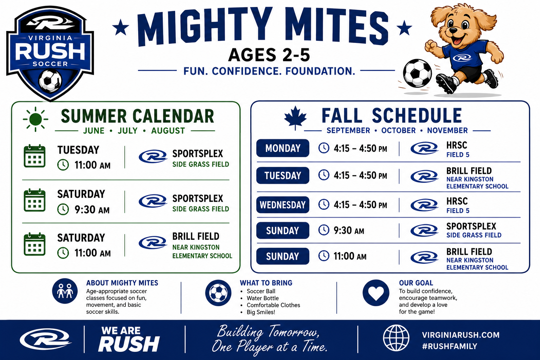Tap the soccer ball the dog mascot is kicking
(417, 73)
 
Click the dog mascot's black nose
(453, 31)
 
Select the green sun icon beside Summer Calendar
(36, 119)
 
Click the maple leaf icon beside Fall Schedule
(295, 118)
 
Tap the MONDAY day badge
(283, 148)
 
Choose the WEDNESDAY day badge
(283, 205)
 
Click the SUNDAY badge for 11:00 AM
(283, 256)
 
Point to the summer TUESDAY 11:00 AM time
(92, 165)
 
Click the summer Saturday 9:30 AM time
(92, 210)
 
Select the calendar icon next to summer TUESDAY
(34, 156)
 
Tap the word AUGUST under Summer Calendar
(168, 131)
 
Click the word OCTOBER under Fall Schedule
(398, 130)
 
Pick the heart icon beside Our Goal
(376, 293)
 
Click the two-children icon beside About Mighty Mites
(65, 291)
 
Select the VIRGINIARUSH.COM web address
(461, 335)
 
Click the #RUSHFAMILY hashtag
(450, 346)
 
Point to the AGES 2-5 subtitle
(269, 55)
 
